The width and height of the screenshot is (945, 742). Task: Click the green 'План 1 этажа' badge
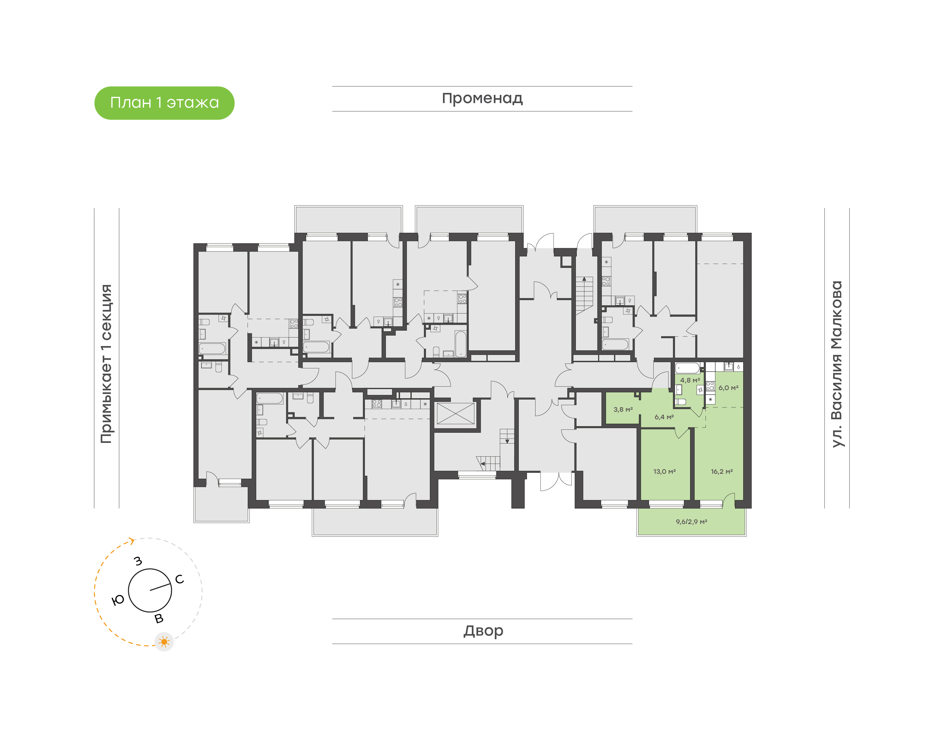[x=164, y=103]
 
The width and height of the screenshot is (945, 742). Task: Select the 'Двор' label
[x=483, y=631]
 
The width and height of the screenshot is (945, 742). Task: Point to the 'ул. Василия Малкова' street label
[x=836, y=364]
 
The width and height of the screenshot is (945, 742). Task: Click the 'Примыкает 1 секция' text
[x=106, y=364]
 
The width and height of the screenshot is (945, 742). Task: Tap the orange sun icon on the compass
[x=164, y=642]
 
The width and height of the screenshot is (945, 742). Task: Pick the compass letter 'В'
[x=159, y=619]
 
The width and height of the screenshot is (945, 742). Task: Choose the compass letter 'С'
[x=179, y=579]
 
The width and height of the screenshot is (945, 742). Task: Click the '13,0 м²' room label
[x=664, y=471]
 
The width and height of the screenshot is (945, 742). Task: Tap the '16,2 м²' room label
[x=722, y=471]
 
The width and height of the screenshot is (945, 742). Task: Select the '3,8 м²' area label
[x=622, y=409]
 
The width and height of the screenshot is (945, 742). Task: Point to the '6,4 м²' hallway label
[x=664, y=417]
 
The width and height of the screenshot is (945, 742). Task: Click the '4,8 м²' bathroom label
[x=690, y=380]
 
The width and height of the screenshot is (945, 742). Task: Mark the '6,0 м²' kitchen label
[x=728, y=387]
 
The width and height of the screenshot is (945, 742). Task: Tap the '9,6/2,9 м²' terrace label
[x=691, y=522]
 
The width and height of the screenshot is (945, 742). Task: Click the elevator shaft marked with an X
[x=455, y=414]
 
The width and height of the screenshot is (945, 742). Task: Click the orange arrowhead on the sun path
[x=132, y=541]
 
